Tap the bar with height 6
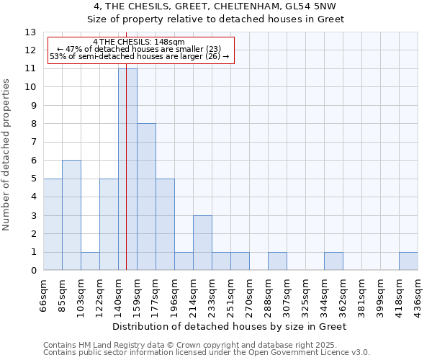click(x=71, y=215)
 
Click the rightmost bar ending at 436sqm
click(x=408, y=261)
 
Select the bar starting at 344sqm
click(x=333, y=261)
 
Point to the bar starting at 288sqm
click(x=277, y=261)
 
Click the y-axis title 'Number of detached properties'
click(x=7, y=156)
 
